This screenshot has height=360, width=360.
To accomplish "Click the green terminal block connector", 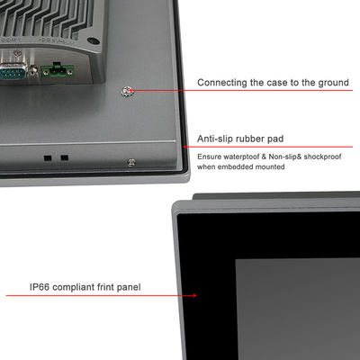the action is pyautogui.click(x=58, y=71).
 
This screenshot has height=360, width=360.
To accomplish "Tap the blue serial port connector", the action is pyautogui.click(x=13, y=72).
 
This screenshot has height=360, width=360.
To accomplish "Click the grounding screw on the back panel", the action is pyautogui.click(x=127, y=91).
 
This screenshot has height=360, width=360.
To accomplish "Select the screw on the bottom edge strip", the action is pyautogui.click(x=131, y=162).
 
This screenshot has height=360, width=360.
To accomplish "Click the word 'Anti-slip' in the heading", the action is pyautogui.click(x=215, y=139).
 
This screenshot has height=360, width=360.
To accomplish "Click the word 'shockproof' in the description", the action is pyautogui.click(x=322, y=157).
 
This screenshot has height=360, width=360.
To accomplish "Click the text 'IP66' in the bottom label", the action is pyautogui.click(x=40, y=287).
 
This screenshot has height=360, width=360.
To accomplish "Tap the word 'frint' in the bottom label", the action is pyautogui.click(x=106, y=287).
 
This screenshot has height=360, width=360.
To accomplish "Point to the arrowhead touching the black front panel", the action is pyautogui.click(x=194, y=295).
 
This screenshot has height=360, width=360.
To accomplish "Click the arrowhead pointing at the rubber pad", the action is pyautogui.click(x=185, y=147).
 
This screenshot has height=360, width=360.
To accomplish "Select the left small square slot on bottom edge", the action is pyautogui.click(x=48, y=157).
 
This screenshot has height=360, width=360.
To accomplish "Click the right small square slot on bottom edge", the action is pyautogui.click(x=64, y=157).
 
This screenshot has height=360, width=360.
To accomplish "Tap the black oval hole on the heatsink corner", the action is pyautogui.click(x=94, y=40).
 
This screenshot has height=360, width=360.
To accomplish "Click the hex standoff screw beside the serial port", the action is pyautogui.click(x=33, y=71).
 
